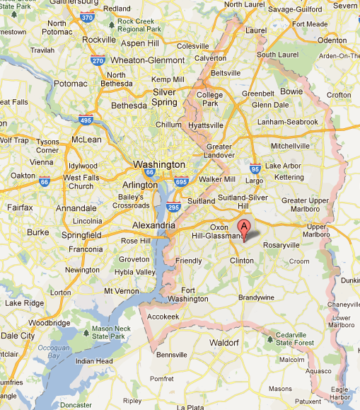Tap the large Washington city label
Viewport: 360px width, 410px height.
[158, 164]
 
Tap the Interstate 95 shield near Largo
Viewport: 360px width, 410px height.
[255, 169]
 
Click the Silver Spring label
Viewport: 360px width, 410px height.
[165, 97]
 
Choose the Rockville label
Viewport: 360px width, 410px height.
[99, 40]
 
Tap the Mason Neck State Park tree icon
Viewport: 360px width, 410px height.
[86, 331]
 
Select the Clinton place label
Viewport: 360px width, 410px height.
[243, 261]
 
